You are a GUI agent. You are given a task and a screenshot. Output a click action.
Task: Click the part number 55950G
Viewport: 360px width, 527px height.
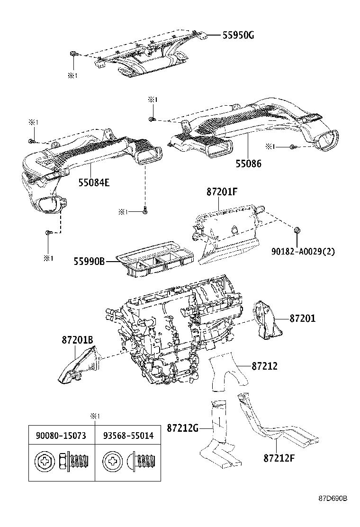coord(238,35)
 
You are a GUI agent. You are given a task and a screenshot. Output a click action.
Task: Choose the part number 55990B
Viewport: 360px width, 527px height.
coord(89,261)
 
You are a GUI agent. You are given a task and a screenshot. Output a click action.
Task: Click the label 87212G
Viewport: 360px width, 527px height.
coord(182,427)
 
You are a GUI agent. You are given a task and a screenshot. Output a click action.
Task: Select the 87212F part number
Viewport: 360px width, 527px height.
coord(279,458)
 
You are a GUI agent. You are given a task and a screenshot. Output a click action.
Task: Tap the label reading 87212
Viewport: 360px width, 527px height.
coord(264,366)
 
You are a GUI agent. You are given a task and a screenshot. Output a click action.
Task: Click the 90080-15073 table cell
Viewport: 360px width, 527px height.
coord(60,436)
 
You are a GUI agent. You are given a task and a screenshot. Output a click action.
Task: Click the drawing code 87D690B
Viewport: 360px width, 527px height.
coord(333,512)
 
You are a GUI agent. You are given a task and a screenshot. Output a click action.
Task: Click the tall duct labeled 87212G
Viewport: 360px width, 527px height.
coord(219,431)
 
